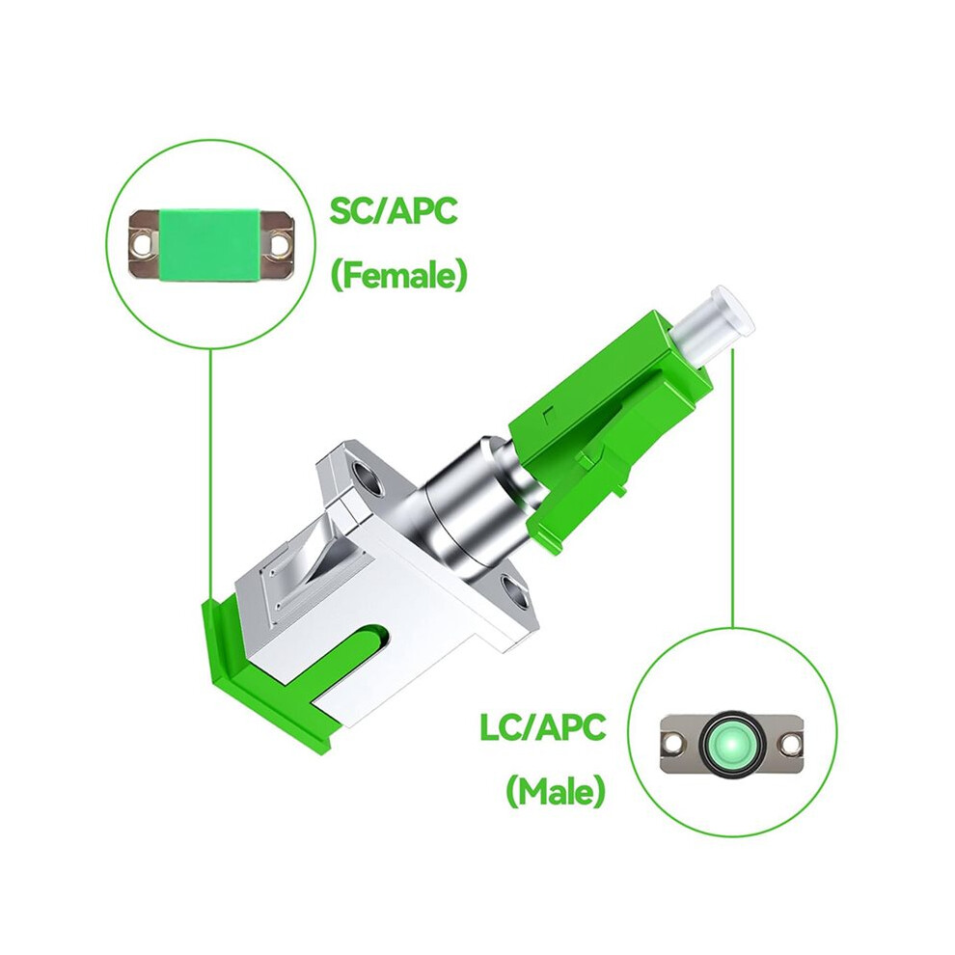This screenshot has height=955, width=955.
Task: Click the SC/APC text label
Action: coord(393,210)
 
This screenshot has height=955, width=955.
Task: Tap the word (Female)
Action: coord(399,276)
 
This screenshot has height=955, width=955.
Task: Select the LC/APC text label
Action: coord(543,726)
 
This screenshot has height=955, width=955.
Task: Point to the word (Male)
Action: coord(556,791)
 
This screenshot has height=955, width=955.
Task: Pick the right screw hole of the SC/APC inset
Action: coord(280,242)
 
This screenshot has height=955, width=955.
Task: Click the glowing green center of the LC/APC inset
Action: coord(730,745)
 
